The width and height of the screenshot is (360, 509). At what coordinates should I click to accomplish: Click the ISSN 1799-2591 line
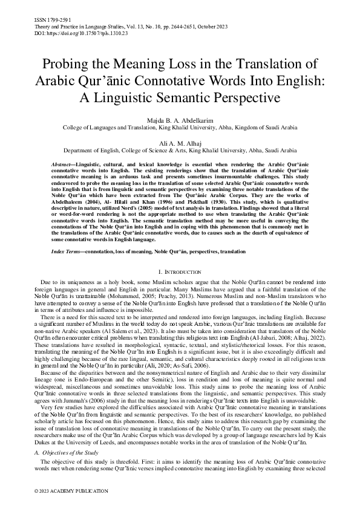(x=48, y=20)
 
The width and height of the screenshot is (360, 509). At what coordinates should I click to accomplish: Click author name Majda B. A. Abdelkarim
(x=179, y=121)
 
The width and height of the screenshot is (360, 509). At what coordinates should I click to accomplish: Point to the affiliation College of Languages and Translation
(x=109, y=128)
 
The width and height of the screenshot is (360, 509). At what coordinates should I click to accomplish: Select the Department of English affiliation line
(x=180, y=151)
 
